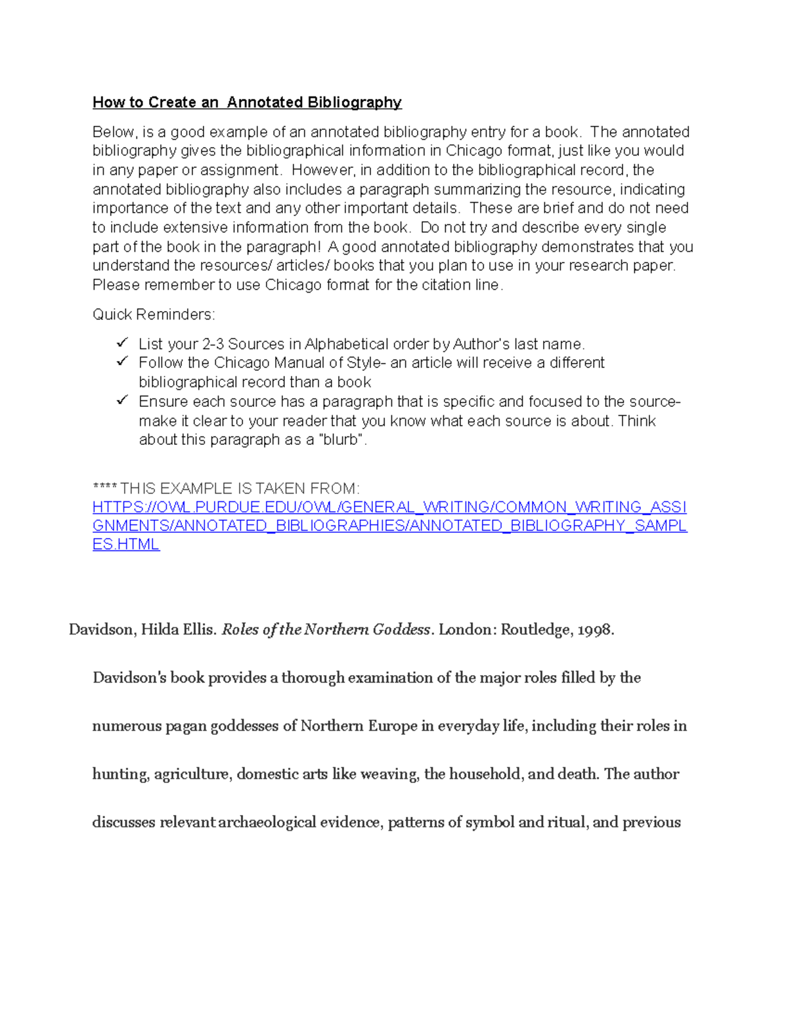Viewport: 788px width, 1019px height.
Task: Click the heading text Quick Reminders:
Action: point(153,314)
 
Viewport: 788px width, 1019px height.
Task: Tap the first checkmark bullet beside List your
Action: point(122,343)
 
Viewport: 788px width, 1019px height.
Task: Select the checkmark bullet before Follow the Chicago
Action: point(122,362)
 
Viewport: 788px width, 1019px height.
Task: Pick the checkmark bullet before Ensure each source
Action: point(122,400)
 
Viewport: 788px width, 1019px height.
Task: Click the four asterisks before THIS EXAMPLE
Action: point(104,489)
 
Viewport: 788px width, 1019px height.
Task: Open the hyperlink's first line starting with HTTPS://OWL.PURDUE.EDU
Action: point(389,507)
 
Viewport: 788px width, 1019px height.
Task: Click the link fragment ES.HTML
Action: point(126,545)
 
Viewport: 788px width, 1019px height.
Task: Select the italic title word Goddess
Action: point(401,630)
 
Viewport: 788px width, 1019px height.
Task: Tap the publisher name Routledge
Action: point(536,630)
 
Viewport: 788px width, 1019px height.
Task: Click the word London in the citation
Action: point(465,630)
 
